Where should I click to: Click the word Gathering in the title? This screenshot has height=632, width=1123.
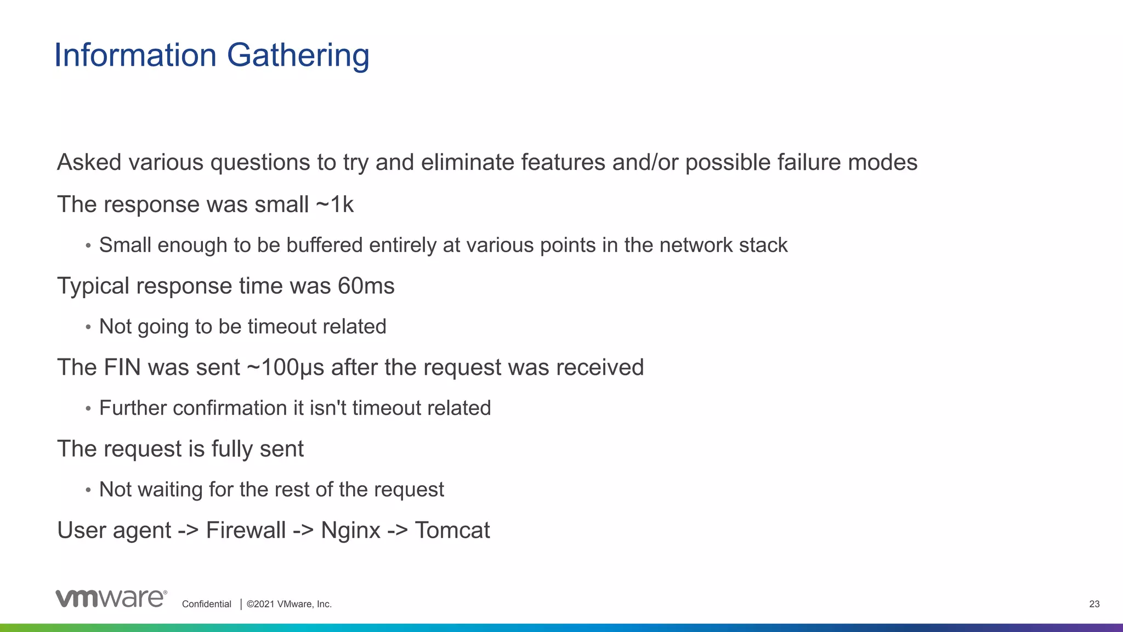(x=298, y=56)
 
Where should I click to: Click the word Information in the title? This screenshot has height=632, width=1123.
(x=135, y=55)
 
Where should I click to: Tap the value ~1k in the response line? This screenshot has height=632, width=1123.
(x=334, y=204)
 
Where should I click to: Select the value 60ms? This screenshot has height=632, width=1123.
(x=366, y=286)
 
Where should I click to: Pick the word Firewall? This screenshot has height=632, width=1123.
(x=246, y=530)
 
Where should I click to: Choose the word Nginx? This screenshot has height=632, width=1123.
(x=350, y=530)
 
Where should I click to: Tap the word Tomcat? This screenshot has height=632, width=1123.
(x=452, y=530)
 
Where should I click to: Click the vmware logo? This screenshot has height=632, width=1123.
(x=111, y=599)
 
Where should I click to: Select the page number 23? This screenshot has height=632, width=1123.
(x=1094, y=604)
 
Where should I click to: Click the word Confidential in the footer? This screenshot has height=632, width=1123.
(x=207, y=604)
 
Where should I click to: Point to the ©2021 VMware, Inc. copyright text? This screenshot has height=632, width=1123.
(x=289, y=604)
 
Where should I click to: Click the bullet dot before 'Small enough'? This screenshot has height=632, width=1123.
(x=88, y=246)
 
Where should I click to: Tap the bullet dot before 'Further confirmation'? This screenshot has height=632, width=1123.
(x=88, y=409)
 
